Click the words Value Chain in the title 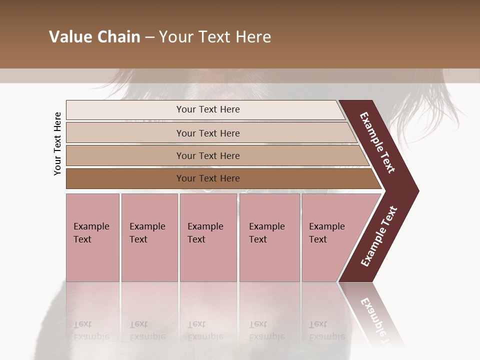[94, 37]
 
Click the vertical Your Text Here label [57, 143]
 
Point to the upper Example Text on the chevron [377, 142]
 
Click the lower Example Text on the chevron [379, 236]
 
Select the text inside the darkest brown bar [208, 178]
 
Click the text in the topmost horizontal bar [208, 109]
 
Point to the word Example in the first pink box [91, 226]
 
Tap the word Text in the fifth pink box [318, 239]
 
